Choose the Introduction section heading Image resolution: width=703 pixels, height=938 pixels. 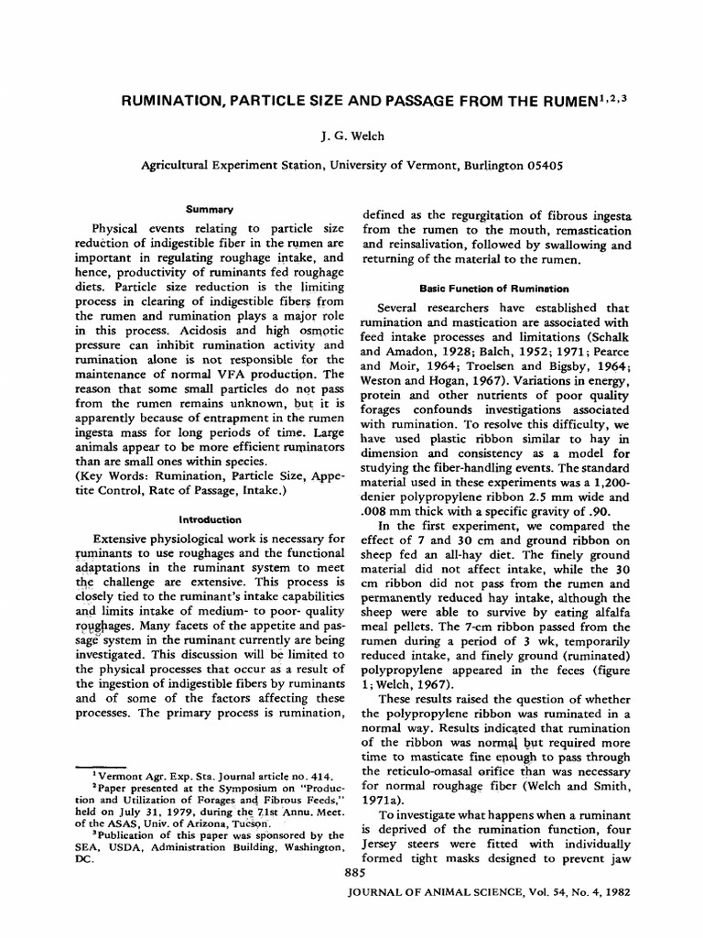tap(211, 518)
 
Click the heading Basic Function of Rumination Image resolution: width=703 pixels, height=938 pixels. tap(496, 288)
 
